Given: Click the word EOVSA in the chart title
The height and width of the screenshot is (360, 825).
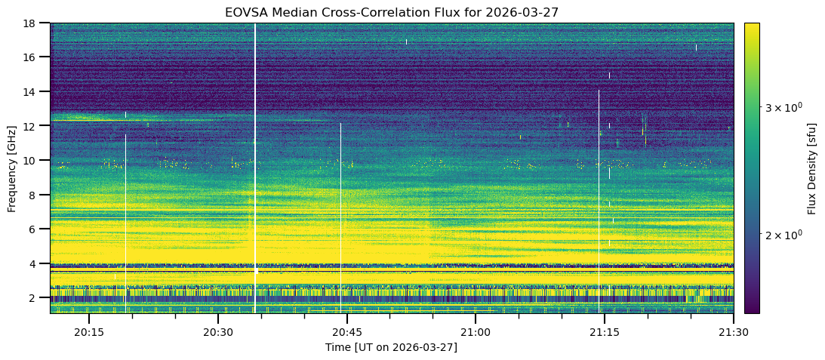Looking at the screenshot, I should coord(245,12).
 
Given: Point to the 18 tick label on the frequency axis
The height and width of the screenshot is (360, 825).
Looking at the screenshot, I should coord(34,23).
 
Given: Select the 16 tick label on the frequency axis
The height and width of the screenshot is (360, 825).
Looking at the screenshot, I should coord(34,57).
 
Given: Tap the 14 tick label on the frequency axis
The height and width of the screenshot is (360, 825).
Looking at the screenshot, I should coord(34,91).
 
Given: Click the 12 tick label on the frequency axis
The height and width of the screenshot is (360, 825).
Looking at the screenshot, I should coord(34,126).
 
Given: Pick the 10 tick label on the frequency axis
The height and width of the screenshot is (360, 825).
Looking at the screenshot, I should coord(34,160).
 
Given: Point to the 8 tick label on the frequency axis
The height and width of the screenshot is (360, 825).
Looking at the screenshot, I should coord(37,195).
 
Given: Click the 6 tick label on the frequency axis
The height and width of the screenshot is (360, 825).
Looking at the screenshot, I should coord(37,229).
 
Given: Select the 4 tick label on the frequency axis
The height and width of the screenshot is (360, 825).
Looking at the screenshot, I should coord(37,263).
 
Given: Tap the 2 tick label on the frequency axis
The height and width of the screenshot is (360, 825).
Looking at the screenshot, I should coord(37,297).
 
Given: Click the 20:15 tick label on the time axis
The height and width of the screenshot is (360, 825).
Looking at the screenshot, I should coord(88,332).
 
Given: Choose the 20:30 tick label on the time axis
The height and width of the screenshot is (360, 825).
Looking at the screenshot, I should coord(217,332).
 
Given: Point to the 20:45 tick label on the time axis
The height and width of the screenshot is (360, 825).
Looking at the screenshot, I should coord(346,332).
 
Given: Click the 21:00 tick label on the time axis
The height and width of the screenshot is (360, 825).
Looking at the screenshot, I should coord(475,332).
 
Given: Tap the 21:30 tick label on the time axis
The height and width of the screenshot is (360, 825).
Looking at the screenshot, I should coord(732,332).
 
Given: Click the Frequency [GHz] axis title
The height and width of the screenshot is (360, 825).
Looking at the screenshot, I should coord(12,168).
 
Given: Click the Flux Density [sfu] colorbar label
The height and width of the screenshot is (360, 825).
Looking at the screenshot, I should coord(812,168).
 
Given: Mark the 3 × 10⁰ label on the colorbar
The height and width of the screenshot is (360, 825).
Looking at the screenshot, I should coord(786,108).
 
